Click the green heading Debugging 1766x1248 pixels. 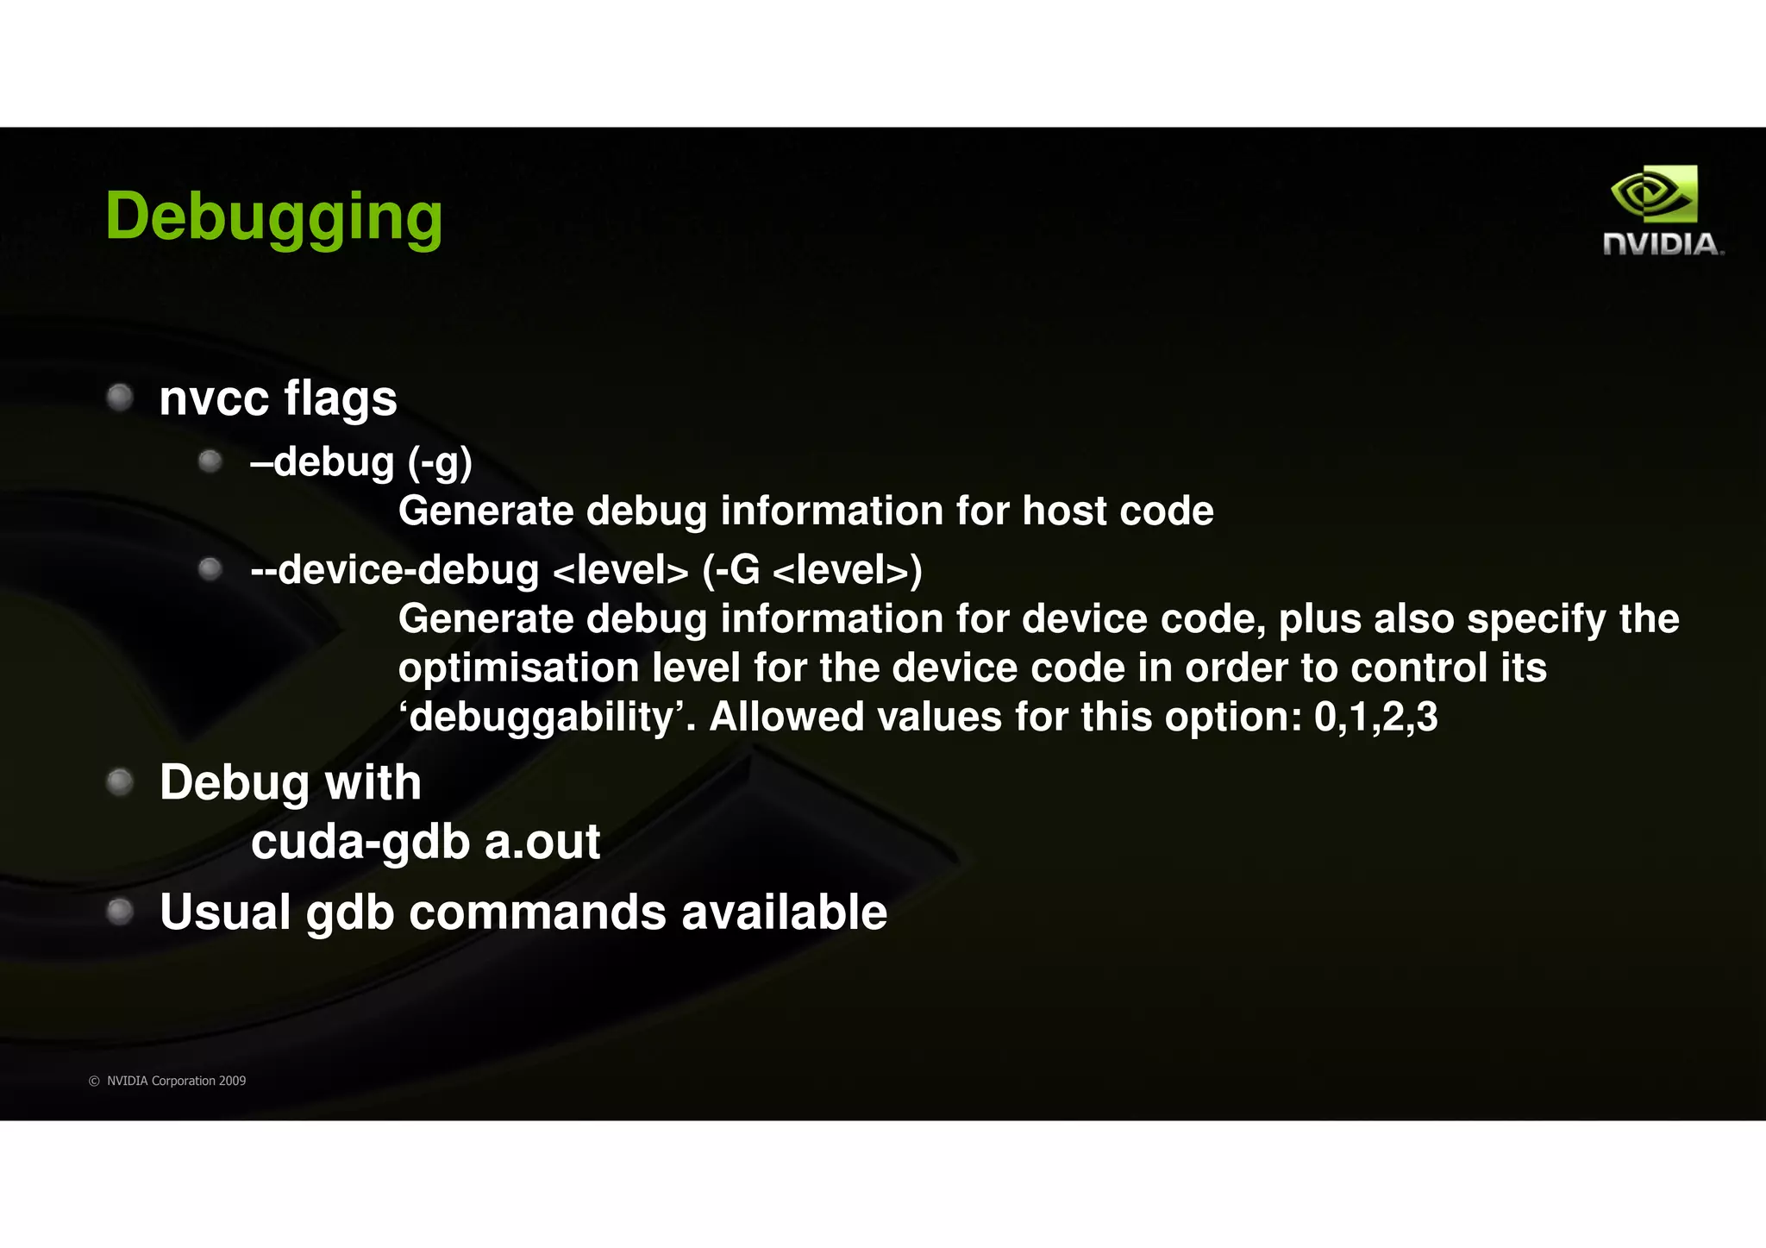pyautogui.click(x=273, y=217)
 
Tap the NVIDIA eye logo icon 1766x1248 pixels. pyautogui.click(x=1654, y=195)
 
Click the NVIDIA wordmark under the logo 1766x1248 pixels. pyautogui.click(x=1663, y=245)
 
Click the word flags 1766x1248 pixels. pyautogui.click(x=341, y=399)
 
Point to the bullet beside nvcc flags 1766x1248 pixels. pyautogui.click(x=119, y=398)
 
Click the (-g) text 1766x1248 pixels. pyautogui.click(x=440, y=463)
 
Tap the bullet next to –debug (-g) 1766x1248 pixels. pyautogui.click(x=210, y=461)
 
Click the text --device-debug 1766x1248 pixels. pyautogui.click(x=394, y=570)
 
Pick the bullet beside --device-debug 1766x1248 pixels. pyautogui.click(x=210, y=569)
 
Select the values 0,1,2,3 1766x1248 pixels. pyautogui.click(x=1375, y=718)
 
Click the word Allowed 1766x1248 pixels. pyautogui.click(x=786, y=718)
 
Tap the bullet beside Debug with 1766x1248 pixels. pyautogui.click(x=119, y=782)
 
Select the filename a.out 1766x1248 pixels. pyautogui.click(x=542, y=843)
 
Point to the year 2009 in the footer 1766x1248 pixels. pyautogui.click(x=232, y=1081)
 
